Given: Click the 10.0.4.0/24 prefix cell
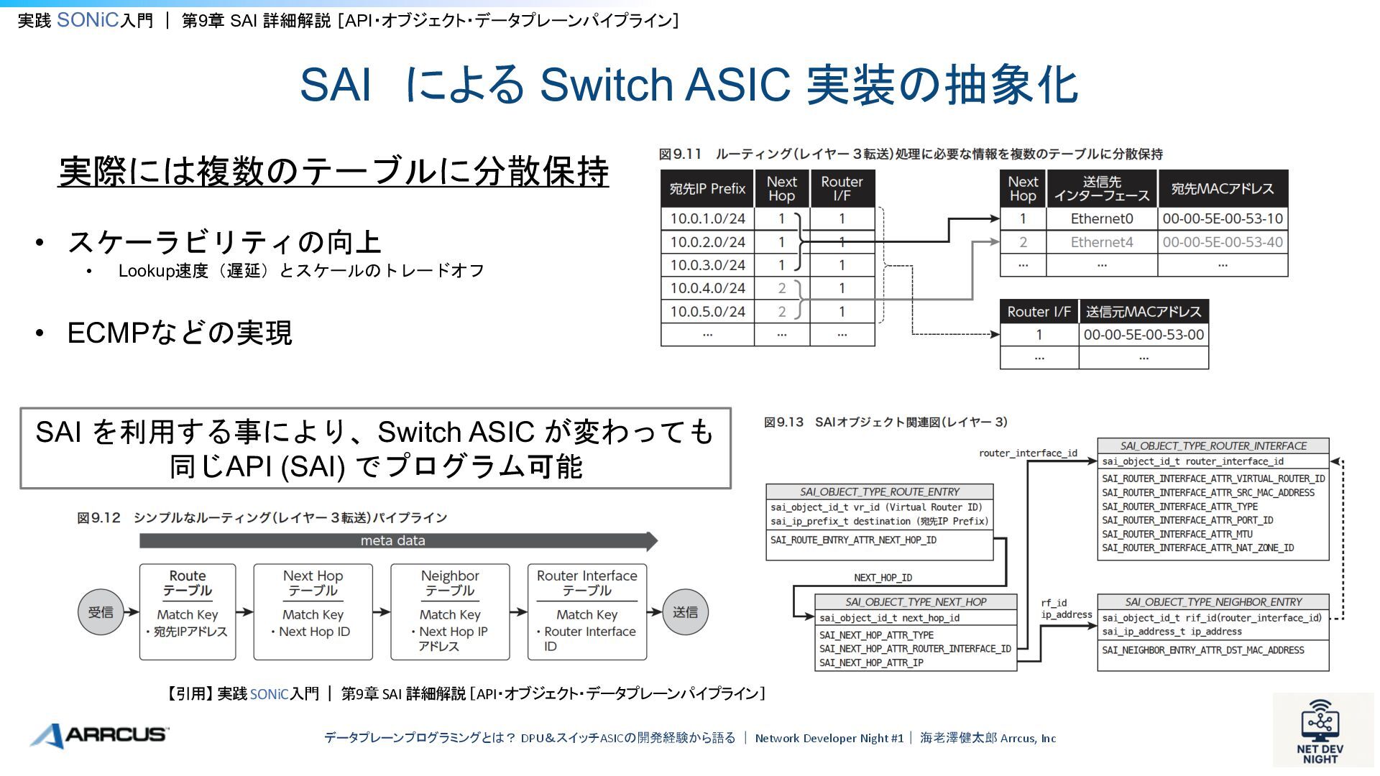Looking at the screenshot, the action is [707, 288].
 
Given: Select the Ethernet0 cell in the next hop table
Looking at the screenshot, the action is [1101, 218].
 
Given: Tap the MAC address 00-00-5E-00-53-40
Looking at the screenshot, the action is [1222, 242].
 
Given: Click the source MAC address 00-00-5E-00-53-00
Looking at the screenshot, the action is [1143, 335].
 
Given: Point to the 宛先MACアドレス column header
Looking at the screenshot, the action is [1222, 189].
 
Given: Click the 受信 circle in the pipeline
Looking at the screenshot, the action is [101, 612].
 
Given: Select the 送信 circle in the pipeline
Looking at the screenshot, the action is [685, 612].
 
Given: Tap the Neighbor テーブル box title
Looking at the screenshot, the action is [450, 583].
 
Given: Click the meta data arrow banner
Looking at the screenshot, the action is [393, 540].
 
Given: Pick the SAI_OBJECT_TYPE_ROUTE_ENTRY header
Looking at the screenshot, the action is [879, 492].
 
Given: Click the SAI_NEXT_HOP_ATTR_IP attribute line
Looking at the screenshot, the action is [871, 662].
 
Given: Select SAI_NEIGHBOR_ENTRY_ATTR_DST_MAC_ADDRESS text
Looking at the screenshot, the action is [1202, 650].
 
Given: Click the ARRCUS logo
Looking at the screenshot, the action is [99, 735].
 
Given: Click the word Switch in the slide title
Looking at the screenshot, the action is [606, 85].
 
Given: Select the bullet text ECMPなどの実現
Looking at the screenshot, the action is [180, 333].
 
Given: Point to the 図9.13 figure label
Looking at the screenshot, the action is [783, 422].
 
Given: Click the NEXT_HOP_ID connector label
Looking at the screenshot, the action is [883, 578].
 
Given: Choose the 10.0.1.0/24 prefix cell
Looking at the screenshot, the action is [707, 218].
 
